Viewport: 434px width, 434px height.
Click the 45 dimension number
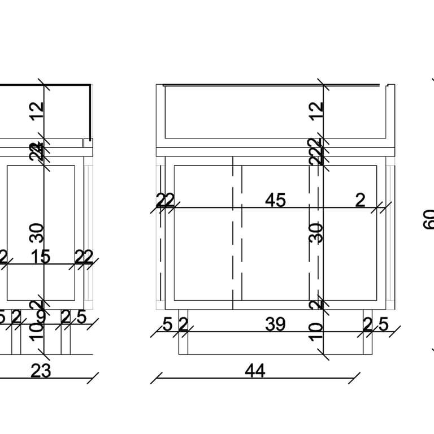tap(275, 201)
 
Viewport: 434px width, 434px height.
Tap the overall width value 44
tap(255, 371)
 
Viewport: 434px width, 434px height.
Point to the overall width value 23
tap(40, 371)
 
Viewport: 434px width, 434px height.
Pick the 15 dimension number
tap(40, 257)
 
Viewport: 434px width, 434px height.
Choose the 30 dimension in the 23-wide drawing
tap(37, 232)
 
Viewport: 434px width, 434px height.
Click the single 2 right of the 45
tap(361, 201)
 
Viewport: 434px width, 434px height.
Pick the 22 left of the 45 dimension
tap(165, 201)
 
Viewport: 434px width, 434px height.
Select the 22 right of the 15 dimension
tap(84, 257)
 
